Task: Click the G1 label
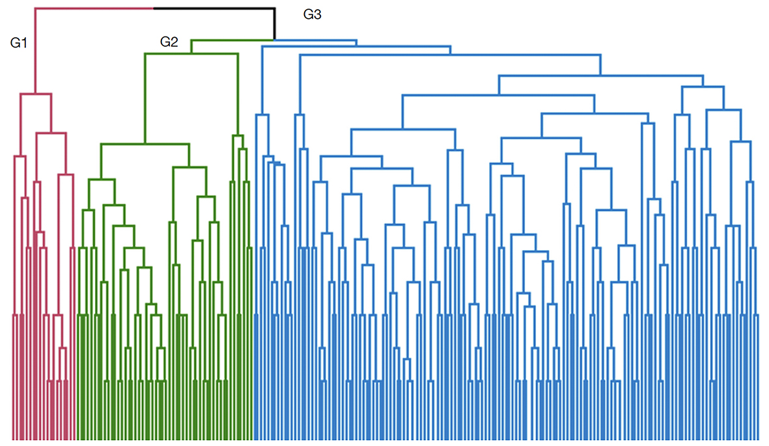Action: tap(19, 43)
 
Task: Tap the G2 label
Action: tap(169, 42)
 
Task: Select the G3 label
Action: tap(313, 15)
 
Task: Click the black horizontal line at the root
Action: tap(214, 8)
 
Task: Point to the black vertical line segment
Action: tap(275, 23)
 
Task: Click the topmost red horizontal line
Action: tap(94, 8)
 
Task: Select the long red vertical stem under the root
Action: tap(35, 51)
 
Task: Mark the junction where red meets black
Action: tap(154, 8)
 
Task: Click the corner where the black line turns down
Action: tap(275, 8)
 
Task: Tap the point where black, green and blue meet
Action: tap(274, 40)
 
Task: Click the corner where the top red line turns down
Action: tap(35, 8)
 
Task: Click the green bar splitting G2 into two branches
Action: tap(191, 53)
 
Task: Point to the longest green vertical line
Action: tap(145, 98)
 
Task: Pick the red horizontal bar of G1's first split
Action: tap(35, 94)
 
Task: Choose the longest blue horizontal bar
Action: tap(450, 55)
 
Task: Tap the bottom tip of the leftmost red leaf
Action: tap(13, 439)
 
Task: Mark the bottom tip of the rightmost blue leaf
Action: tap(758, 439)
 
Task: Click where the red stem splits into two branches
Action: tap(35, 94)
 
